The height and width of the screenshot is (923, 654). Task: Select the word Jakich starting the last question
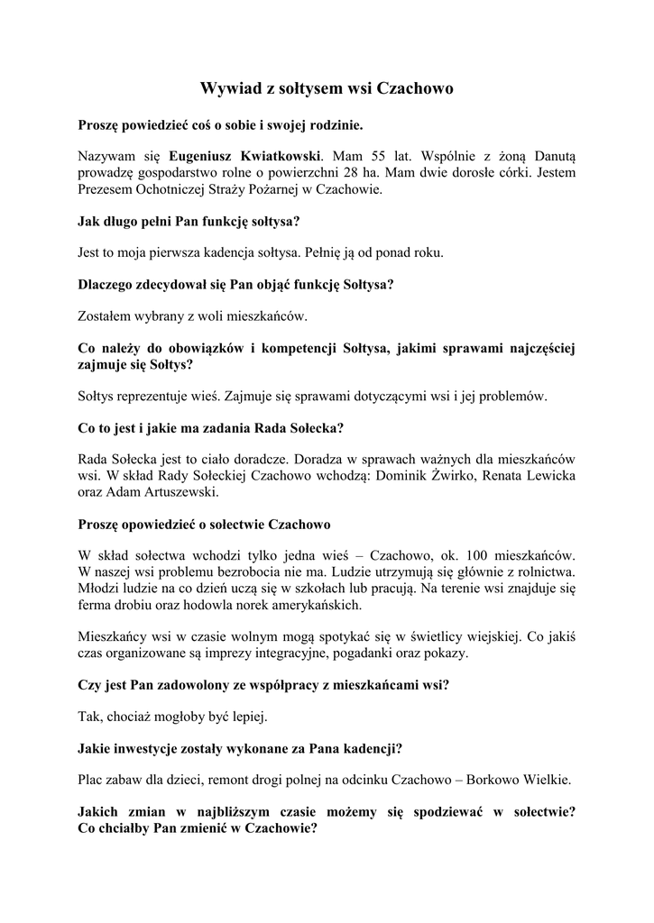(99, 811)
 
